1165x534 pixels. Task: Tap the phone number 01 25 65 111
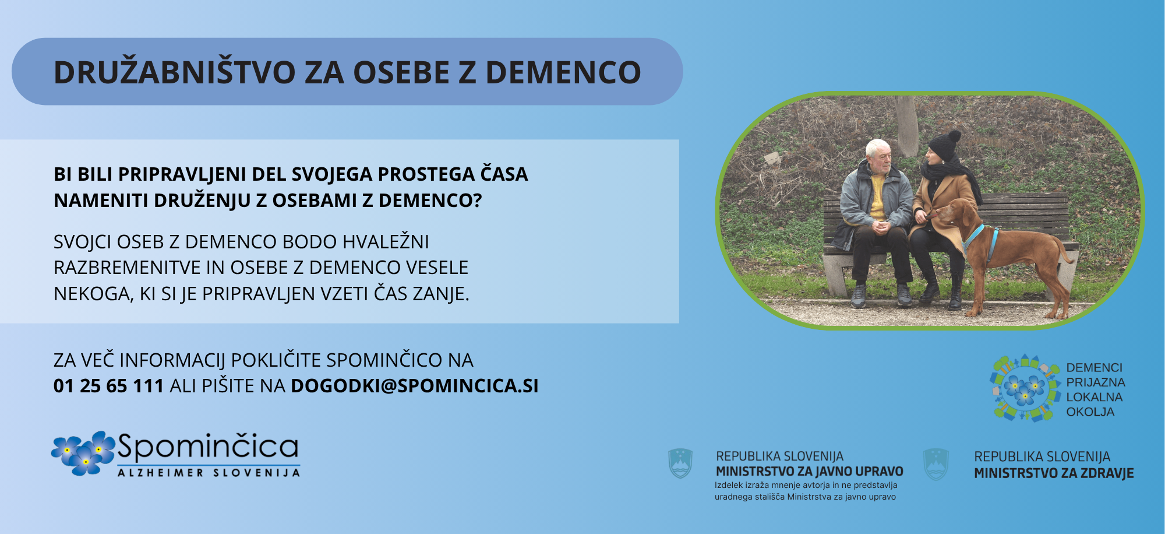click(108, 386)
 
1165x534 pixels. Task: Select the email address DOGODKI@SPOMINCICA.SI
click(415, 386)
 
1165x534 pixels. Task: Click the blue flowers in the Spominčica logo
click(83, 452)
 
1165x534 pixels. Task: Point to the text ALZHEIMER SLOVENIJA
click(209, 473)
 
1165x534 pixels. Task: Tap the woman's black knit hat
click(945, 145)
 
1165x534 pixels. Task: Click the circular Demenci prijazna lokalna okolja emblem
click(1025, 388)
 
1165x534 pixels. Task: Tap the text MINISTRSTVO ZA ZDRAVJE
click(1054, 473)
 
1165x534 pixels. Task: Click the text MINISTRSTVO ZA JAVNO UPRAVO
click(809, 471)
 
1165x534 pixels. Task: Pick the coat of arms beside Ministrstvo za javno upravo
click(680, 463)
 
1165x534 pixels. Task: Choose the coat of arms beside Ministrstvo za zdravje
click(936, 464)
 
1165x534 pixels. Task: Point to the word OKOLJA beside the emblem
click(1090, 412)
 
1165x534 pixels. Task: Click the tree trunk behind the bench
click(906, 125)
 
